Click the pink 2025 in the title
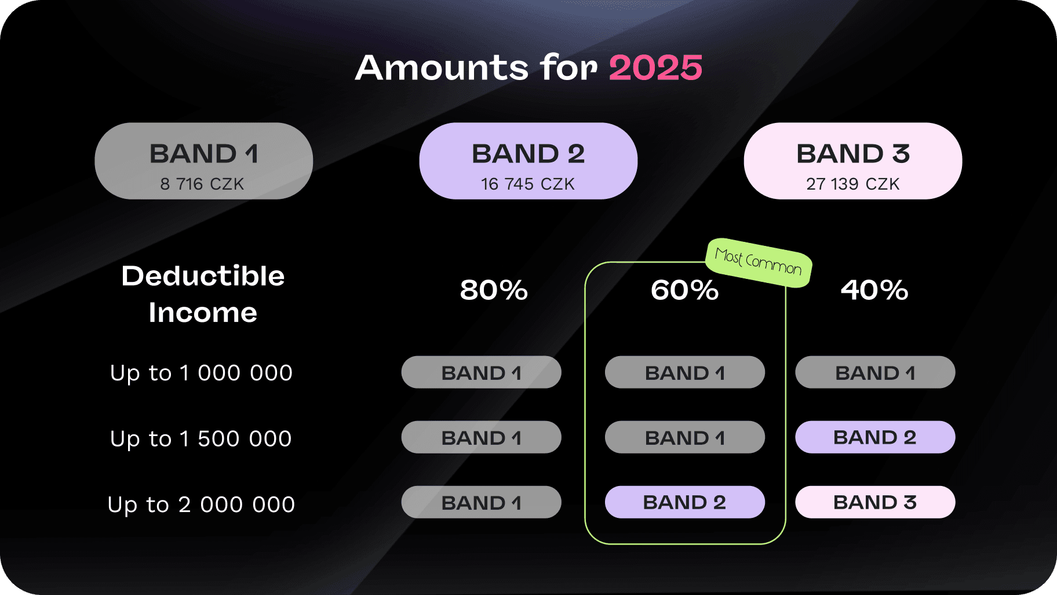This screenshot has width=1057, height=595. (655, 68)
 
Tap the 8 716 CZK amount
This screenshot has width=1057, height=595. (202, 184)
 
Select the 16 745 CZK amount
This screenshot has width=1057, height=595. (528, 184)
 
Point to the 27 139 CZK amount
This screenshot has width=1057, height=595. (853, 184)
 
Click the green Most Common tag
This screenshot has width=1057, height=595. (759, 262)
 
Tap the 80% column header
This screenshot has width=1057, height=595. (494, 290)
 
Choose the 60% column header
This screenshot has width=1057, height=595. (684, 290)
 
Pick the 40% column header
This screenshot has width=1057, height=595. (874, 290)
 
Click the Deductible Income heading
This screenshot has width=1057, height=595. (203, 294)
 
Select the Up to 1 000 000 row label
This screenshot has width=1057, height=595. (201, 373)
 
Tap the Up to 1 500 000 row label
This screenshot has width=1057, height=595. (201, 439)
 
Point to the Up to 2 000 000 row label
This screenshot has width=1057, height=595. (201, 505)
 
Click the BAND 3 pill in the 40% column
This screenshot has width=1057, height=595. (875, 502)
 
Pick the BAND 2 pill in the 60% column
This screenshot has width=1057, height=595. (685, 502)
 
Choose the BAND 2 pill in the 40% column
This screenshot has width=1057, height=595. (875, 437)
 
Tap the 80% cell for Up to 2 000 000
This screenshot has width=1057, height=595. (482, 502)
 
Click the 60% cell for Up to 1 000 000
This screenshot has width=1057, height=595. (685, 372)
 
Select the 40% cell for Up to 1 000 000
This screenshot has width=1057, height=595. (875, 372)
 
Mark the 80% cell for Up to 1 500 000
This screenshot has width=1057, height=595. (482, 437)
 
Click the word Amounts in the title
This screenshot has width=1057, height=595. (442, 68)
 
